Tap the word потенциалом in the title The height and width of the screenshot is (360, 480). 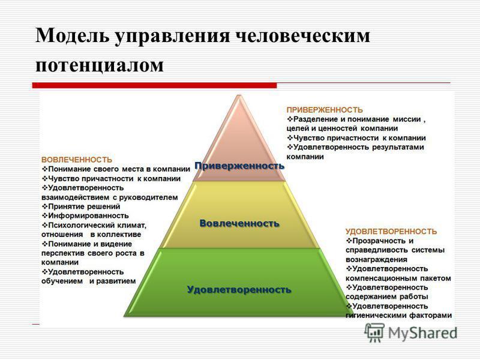100,64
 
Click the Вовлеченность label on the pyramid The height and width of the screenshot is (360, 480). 239,223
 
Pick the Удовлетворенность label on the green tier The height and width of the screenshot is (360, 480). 239,290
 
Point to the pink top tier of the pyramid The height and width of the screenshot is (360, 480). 238,135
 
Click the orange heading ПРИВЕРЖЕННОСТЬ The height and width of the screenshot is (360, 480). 324,110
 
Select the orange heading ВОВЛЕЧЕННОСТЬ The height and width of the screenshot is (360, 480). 76,160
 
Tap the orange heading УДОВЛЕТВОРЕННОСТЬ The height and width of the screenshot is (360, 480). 391,231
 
